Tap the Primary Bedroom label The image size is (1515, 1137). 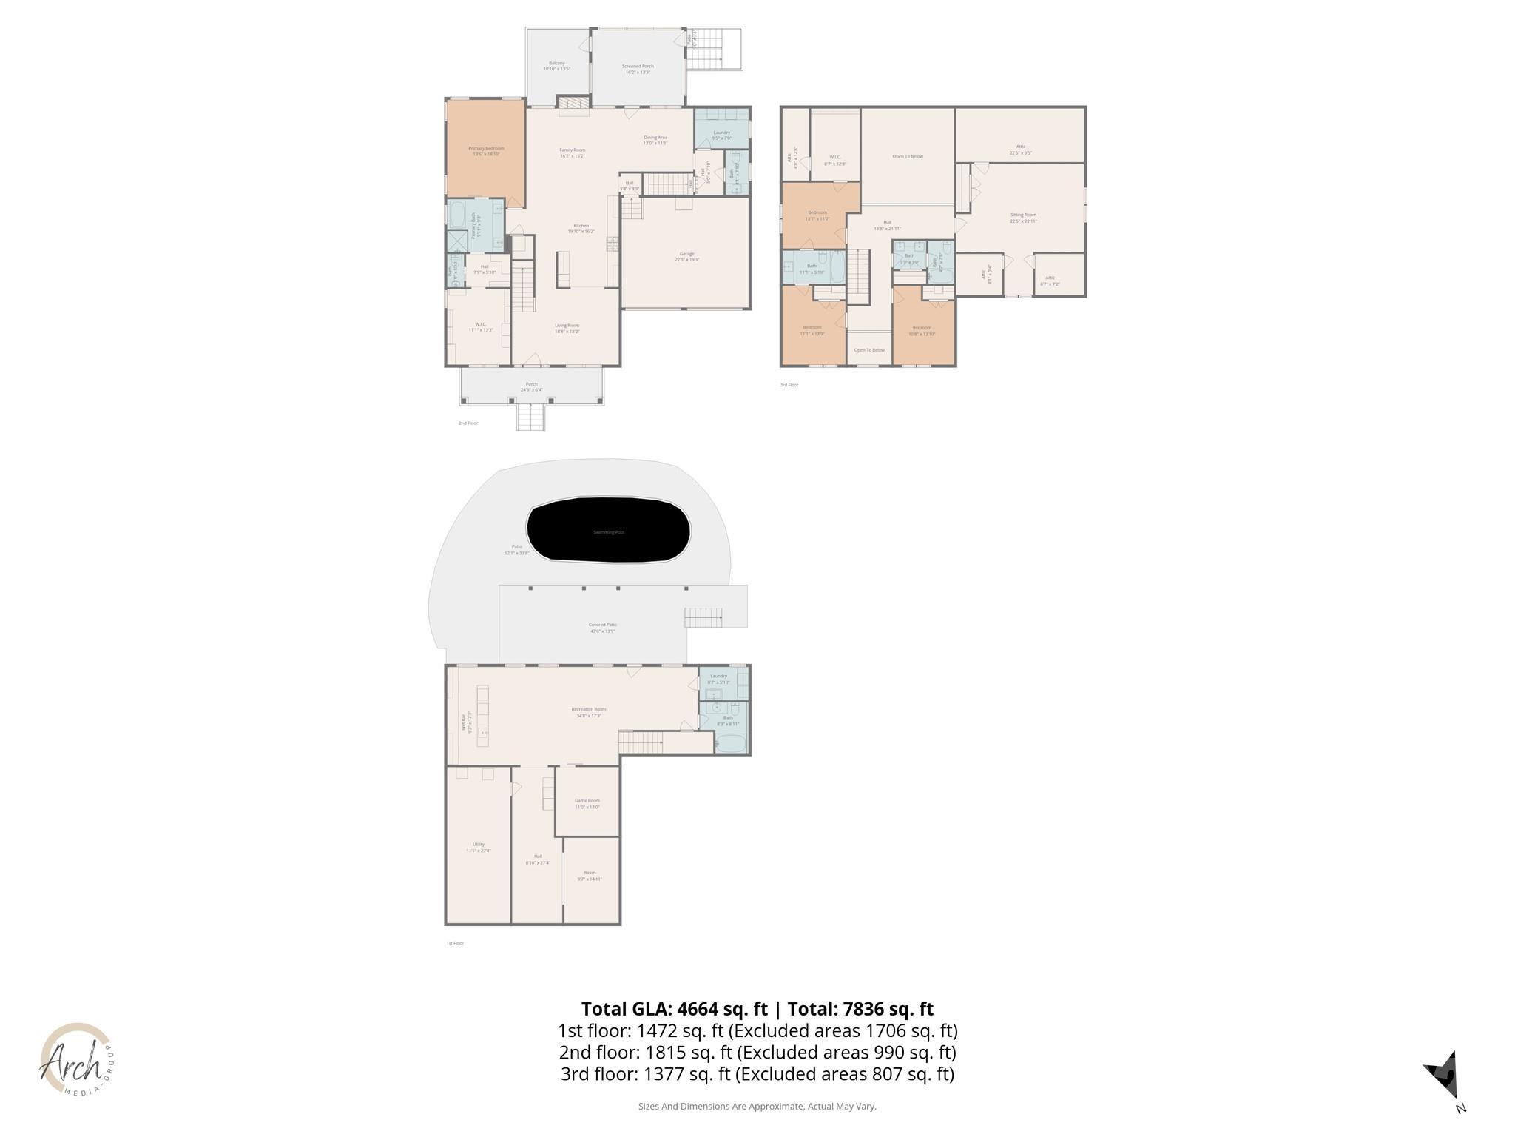point(486,151)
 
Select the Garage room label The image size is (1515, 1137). point(686,256)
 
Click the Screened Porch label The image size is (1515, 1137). point(638,69)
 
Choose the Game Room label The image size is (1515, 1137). point(587,803)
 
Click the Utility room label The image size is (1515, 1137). point(479,847)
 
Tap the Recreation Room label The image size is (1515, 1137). point(589,712)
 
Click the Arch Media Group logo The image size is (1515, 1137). point(76,1059)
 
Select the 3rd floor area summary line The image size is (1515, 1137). point(757,1073)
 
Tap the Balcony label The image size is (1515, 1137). point(557,66)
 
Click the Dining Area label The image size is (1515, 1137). point(655,140)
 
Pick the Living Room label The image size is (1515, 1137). point(567,328)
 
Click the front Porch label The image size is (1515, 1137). point(531,386)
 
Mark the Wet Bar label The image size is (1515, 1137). point(466,722)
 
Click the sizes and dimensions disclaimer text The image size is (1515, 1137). point(757,1106)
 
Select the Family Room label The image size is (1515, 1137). point(573,152)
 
